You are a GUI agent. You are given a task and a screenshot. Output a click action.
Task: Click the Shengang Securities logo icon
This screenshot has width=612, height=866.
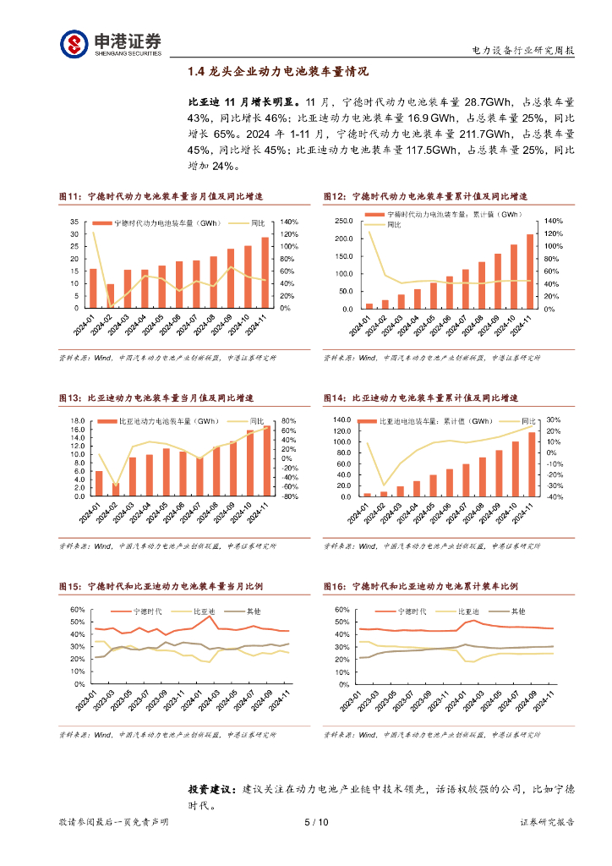coord(74,43)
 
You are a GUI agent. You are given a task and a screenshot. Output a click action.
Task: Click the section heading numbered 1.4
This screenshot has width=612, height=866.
coord(278,72)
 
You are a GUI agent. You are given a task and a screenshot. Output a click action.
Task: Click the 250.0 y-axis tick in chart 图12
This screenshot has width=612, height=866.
coord(343,221)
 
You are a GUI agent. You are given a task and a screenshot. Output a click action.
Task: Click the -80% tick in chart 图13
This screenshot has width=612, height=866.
coord(288,497)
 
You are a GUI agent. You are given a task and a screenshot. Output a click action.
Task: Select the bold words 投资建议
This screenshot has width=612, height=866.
coord(211,788)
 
